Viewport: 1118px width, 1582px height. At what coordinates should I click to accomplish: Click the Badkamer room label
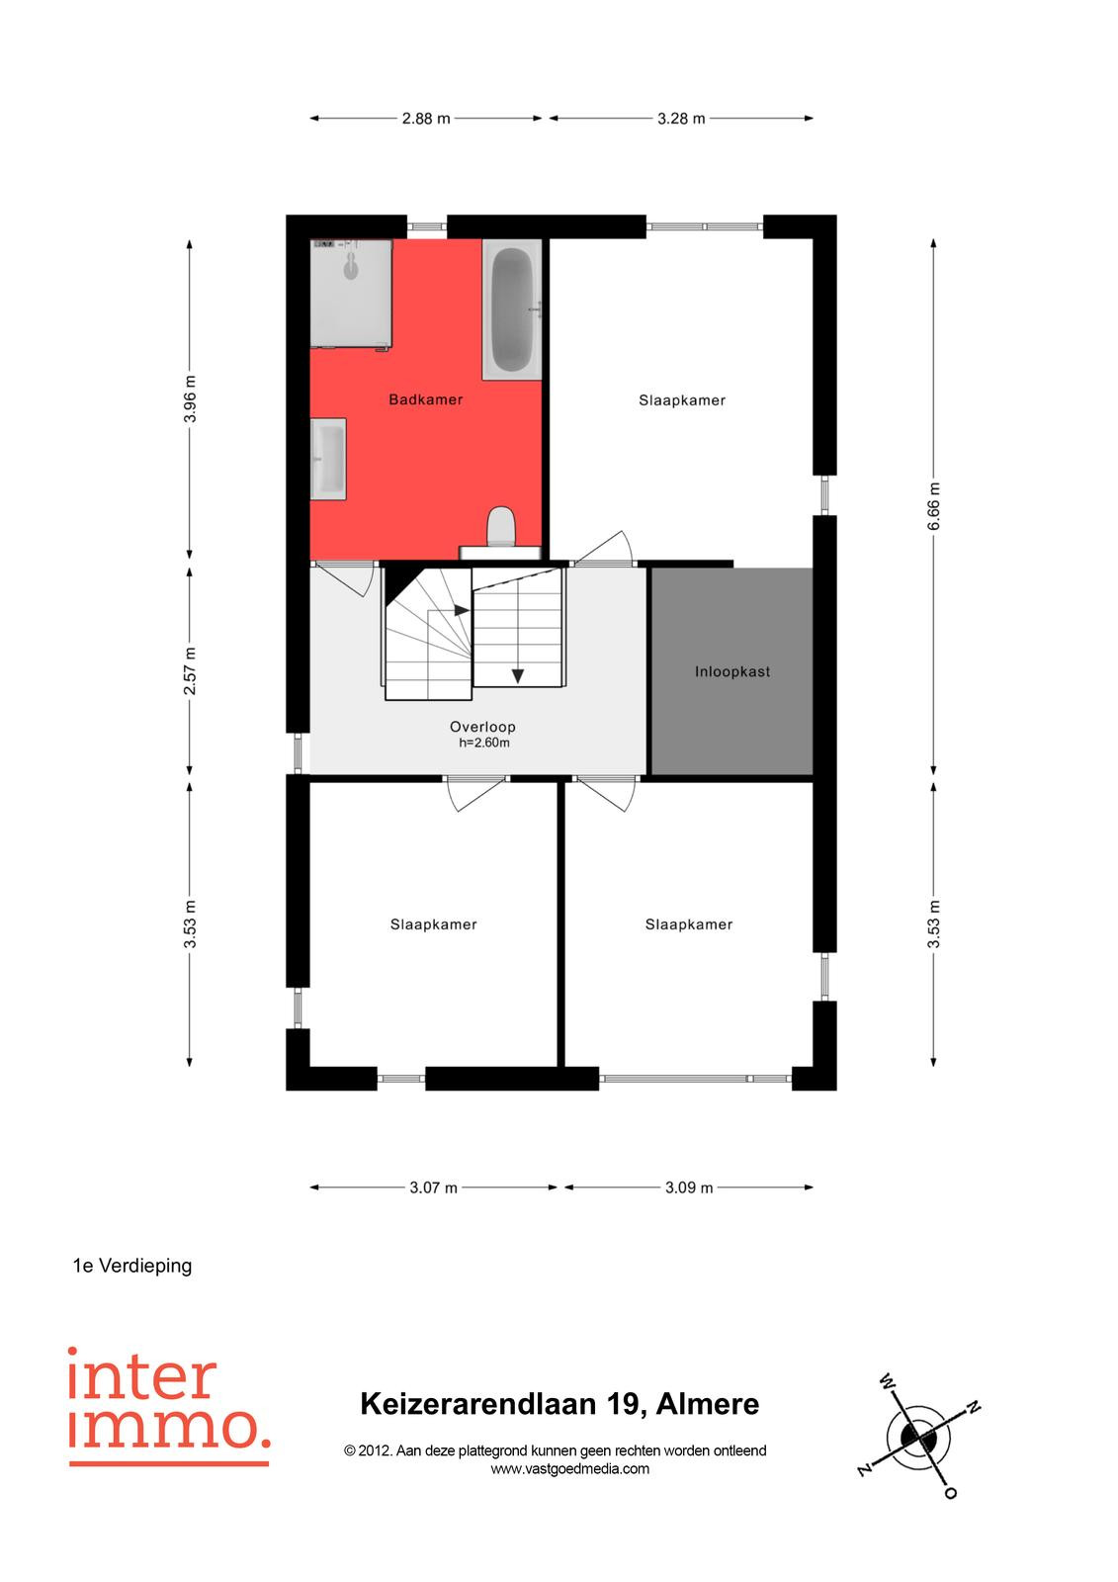tap(425, 399)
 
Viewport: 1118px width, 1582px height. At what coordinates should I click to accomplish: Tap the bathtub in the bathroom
tap(512, 309)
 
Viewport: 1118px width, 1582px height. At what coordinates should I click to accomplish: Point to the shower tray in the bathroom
tap(352, 293)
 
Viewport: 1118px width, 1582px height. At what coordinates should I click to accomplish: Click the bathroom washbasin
tap(328, 459)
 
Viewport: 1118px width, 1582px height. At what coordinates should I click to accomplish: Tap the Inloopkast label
tap(731, 671)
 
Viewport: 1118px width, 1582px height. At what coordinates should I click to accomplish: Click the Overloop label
tap(482, 727)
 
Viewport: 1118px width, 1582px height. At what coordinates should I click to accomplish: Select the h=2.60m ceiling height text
tap(483, 743)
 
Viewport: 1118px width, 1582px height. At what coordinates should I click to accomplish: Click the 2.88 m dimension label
tap(426, 119)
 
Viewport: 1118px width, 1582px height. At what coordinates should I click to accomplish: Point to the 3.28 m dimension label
tap(681, 119)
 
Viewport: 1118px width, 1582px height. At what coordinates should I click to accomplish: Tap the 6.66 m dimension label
tap(933, 505)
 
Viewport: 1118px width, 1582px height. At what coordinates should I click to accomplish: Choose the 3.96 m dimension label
tap(189, 399)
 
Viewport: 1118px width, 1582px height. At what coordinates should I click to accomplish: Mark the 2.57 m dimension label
tap(189, 670)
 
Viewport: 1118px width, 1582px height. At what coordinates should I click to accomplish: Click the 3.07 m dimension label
tap(433, 1187)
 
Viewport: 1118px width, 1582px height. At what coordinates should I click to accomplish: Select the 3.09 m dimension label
tap(689, 1187)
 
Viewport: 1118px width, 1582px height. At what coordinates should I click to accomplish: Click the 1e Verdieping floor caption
tap(132, 1266)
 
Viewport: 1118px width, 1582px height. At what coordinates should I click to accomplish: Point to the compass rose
tap(919, 1436)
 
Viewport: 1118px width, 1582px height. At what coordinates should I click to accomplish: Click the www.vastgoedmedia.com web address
tap(570, 1469)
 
